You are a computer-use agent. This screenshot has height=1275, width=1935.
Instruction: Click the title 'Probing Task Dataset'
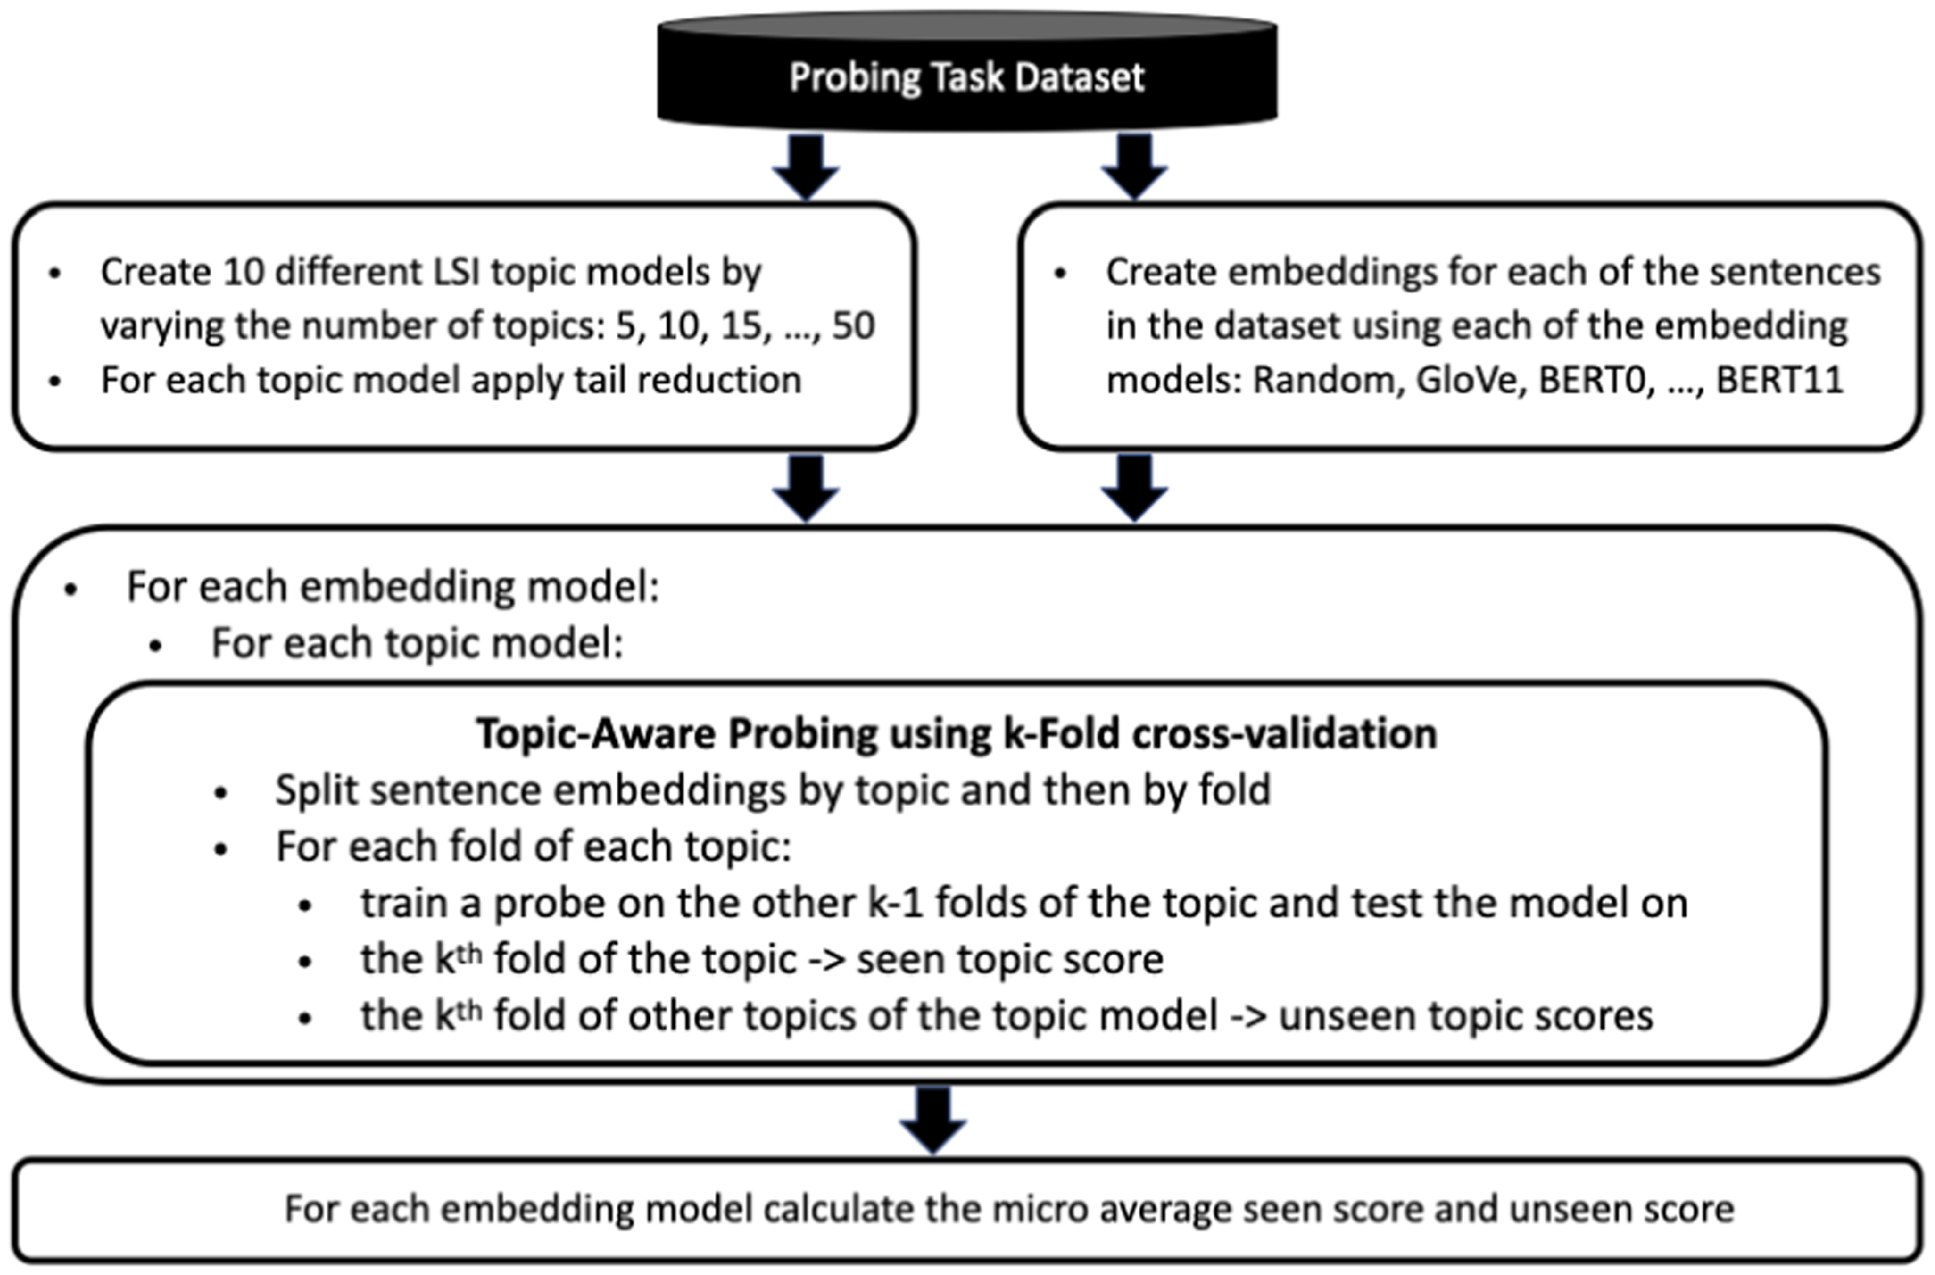click(x=967, y=78)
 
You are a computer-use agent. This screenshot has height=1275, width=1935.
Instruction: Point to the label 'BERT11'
click(x=1779, y=380)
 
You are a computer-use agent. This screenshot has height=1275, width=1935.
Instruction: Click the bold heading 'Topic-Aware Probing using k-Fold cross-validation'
click(x=957, y=734)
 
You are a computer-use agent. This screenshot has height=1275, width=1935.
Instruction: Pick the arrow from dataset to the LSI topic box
click(x=806, y=166)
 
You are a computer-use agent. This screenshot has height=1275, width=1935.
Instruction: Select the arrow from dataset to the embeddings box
click(x=1135, y=166)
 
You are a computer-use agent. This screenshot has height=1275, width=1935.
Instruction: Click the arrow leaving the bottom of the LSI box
click(x=806, y=488)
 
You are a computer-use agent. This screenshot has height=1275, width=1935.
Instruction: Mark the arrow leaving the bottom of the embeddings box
click(x=1135, y=488)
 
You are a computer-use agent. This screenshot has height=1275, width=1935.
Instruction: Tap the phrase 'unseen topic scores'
click(x=1466, y=1016)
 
